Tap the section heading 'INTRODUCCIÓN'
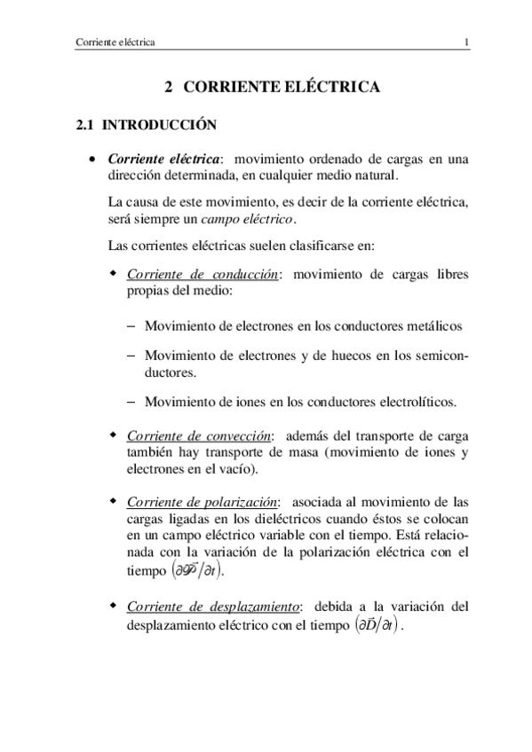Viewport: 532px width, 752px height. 160,126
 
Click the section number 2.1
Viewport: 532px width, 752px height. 86,126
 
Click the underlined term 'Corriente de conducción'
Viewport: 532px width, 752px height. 202,275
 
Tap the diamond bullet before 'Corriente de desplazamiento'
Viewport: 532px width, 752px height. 112,606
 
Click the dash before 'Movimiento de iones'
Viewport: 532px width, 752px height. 131,402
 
